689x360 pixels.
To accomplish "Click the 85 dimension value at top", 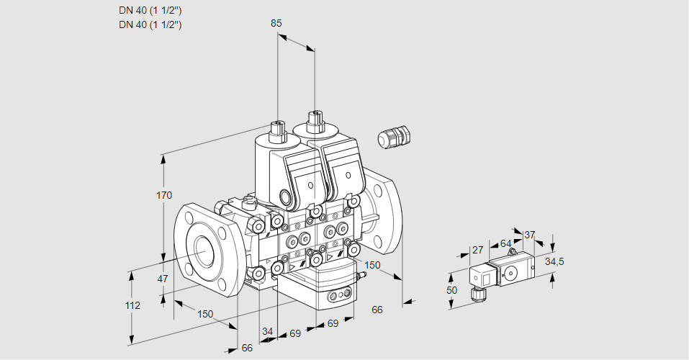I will point(276,23).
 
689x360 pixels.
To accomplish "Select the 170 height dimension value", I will point(165,195).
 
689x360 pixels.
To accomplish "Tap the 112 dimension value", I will point(132,305).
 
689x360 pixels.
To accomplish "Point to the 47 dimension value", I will point(163,279).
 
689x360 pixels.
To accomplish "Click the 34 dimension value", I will point(268,331).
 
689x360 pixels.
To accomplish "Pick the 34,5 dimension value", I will point(554,261).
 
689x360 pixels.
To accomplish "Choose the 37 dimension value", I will point(530,235).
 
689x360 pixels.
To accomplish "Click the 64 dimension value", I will point(505,244).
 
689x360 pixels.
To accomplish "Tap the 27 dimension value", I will point(477,251).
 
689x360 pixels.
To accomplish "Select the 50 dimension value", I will point(451,289).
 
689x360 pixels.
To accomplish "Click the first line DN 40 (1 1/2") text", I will point(150,11).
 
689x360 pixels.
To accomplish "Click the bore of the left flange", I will point(204,250).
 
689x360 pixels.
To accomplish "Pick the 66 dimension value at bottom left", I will point(247,348).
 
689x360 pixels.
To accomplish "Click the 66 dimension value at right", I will point(377,310).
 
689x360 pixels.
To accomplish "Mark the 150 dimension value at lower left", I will point(206,314).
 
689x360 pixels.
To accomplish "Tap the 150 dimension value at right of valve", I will point(372,265).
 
